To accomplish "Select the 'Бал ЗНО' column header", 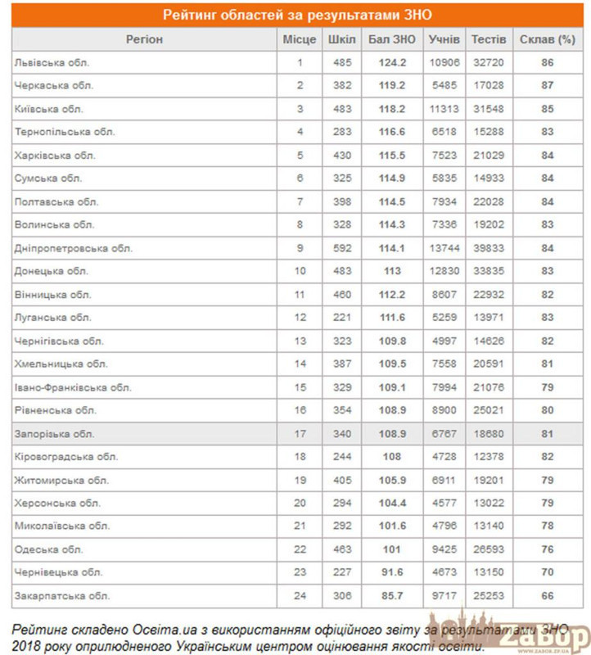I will tap(392, 39).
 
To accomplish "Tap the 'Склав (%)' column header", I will tap(548, 39).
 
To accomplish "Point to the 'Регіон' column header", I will tap(144, 39).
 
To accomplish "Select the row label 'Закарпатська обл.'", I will tap(61, 595).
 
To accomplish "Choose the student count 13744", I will tap(444, 248).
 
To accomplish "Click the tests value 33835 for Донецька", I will tap(490, 271).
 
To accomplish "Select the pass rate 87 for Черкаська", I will tap(548, 85).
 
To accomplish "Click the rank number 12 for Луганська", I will tap(300, 318).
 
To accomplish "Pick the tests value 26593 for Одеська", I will tap(490, 549).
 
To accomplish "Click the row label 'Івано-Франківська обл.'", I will tap(73, 387).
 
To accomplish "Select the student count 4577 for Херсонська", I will tap(444, 503).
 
